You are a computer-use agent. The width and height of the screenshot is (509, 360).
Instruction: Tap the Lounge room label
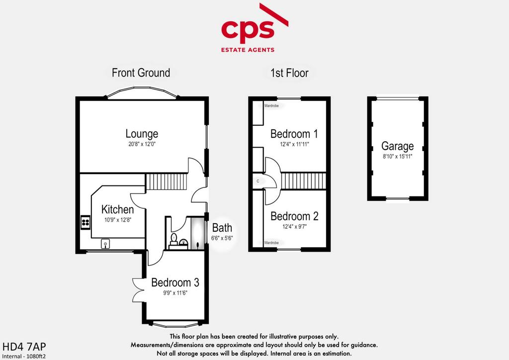click(x=142, y=133)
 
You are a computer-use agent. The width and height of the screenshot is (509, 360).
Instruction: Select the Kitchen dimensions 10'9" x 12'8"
click(x=118, y=220)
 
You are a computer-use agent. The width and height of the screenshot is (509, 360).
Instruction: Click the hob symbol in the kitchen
click(x=85, y=222)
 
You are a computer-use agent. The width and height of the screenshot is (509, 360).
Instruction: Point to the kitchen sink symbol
click(x=105, y=244)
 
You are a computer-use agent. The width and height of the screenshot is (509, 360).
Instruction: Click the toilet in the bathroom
click(x=174, y=238)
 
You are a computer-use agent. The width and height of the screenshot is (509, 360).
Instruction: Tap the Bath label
click(x=222, y=228)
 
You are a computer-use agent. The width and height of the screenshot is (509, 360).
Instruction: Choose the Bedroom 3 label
click(x=175, y=282)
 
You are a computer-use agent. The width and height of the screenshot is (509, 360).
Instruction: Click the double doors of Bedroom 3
click(x=138, y=290)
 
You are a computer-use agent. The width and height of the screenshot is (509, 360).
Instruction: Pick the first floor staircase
click(x=303, y=181)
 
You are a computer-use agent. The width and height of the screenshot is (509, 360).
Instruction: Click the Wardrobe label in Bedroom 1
click(x=271, y=106)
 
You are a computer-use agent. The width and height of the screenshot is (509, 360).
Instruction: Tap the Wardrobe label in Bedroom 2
click(x=271, y=243)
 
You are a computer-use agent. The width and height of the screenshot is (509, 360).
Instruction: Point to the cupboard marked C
click(x=258, y=181)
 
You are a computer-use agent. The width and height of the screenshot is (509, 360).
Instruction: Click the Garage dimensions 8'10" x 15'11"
click(x=397, y=157)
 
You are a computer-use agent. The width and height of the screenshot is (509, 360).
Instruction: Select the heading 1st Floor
click(x=290, y=73)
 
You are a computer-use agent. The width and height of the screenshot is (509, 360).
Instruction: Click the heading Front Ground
click(x=141, y=73)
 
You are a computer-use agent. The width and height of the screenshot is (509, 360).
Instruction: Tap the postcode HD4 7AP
click(x=24, y=347)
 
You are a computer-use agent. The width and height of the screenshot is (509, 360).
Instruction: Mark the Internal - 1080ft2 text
click(x=24, y=356)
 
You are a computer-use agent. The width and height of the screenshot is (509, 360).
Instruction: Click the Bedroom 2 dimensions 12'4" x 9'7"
click(x=294, y=227)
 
